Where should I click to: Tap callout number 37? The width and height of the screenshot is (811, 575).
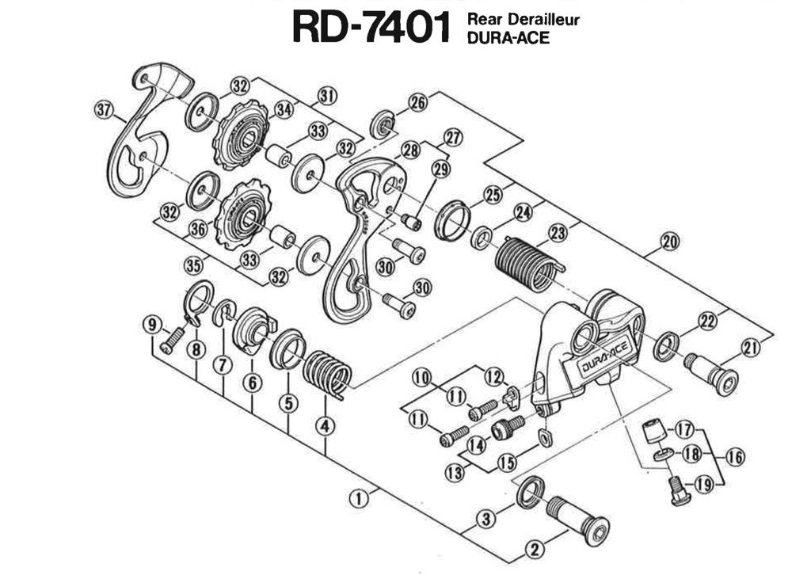[x=103, y=110]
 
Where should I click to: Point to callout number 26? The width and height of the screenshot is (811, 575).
[x=417, y=101]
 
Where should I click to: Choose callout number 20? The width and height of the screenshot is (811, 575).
[x=669, y=243]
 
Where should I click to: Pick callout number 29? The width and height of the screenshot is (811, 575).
[x=440, y=169]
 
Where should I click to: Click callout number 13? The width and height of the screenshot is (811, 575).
[x=454, y=473]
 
